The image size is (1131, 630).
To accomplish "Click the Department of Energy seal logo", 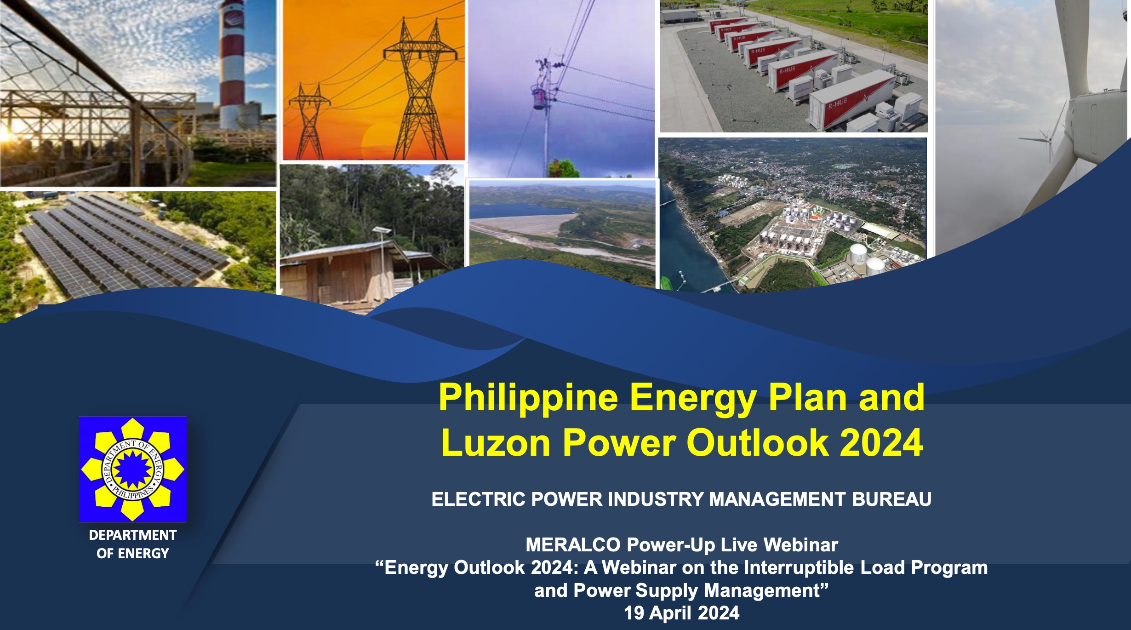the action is [x=132, y=469].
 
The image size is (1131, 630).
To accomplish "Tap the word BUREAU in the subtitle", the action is [x=891, y=499].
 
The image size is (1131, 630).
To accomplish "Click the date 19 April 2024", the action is [x=682, y=613].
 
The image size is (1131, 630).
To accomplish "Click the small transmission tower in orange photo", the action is [x=308, y=122].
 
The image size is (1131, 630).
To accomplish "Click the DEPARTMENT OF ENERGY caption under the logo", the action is [x=132, y=544].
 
